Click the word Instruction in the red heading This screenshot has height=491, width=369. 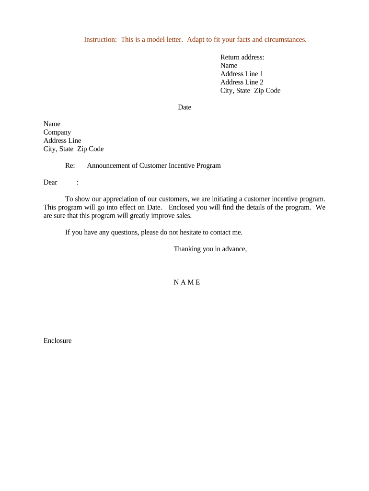(x=100, y=39)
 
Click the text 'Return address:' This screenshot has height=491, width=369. (x=242, y=57)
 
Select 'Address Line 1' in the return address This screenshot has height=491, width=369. (x=242, y=74)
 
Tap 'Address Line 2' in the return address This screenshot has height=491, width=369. (x=242, y=82)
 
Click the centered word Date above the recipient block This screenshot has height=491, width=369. (x=184, y=107)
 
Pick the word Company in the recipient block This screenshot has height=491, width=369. (x=57, y=132)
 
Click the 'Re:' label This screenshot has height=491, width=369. (x=70, y=165)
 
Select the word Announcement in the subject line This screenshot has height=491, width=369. (x=110, y=165)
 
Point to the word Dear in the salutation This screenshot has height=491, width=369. (x=50, y=182)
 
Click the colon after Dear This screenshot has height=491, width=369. (x=78, y=182)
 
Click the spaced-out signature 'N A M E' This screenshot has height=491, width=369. (x=187, y=282)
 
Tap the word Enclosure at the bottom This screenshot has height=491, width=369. (x=58, y=340)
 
